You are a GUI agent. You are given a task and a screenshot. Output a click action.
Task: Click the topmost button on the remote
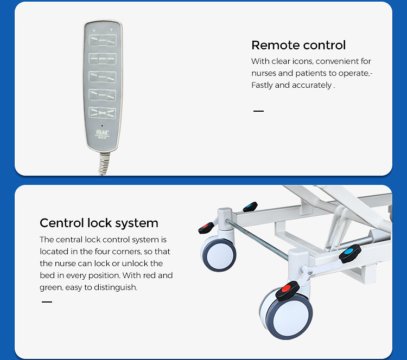[x=103, y=41]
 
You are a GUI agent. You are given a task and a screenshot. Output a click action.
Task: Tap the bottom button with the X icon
[x=103, y=113]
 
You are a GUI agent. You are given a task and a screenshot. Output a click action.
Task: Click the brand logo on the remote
[x=103, y=132]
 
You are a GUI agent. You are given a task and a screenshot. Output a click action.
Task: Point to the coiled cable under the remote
[x=104, y=164]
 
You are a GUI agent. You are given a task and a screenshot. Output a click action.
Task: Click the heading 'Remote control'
[x=298, y=45]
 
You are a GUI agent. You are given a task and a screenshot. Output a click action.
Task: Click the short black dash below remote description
[x=258, y=111]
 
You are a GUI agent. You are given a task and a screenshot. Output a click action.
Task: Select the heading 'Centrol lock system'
[x=99, y=223]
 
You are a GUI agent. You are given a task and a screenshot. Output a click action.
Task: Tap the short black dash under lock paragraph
[x=47, y=302]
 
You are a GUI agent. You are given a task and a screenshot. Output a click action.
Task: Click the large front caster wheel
[x=287, y=314]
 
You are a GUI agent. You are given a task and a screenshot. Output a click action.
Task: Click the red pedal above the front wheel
[x=287, y=290]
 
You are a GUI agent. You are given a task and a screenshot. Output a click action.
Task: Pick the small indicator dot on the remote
[x=102, y=126]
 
